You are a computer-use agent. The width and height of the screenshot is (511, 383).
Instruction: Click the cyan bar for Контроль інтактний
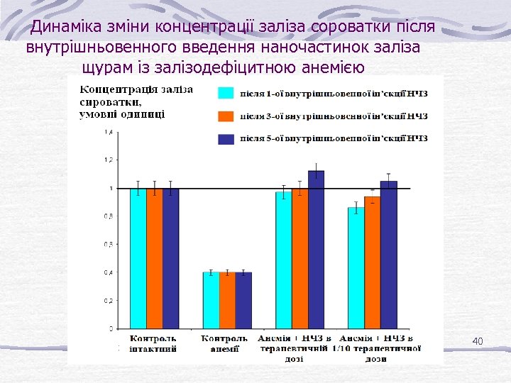click(138, 259)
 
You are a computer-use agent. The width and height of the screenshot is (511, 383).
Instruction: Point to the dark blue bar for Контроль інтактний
click(171, 259)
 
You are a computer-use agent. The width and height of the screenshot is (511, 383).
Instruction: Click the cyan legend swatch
click(226, 93)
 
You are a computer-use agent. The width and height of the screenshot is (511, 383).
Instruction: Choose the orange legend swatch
click(226, 116)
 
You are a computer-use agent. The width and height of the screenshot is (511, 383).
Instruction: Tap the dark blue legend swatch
click(226, 139)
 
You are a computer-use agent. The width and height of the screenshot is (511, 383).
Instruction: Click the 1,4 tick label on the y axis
click(109, 133)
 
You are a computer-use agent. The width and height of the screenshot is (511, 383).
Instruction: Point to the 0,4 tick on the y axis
click(109, 272)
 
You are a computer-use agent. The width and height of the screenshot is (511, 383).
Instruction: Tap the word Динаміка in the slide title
click(62, 28)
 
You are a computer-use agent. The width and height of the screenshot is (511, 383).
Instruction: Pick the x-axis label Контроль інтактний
click(152, 343)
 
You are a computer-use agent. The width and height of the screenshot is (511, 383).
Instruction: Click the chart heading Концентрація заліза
click(136, 89)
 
